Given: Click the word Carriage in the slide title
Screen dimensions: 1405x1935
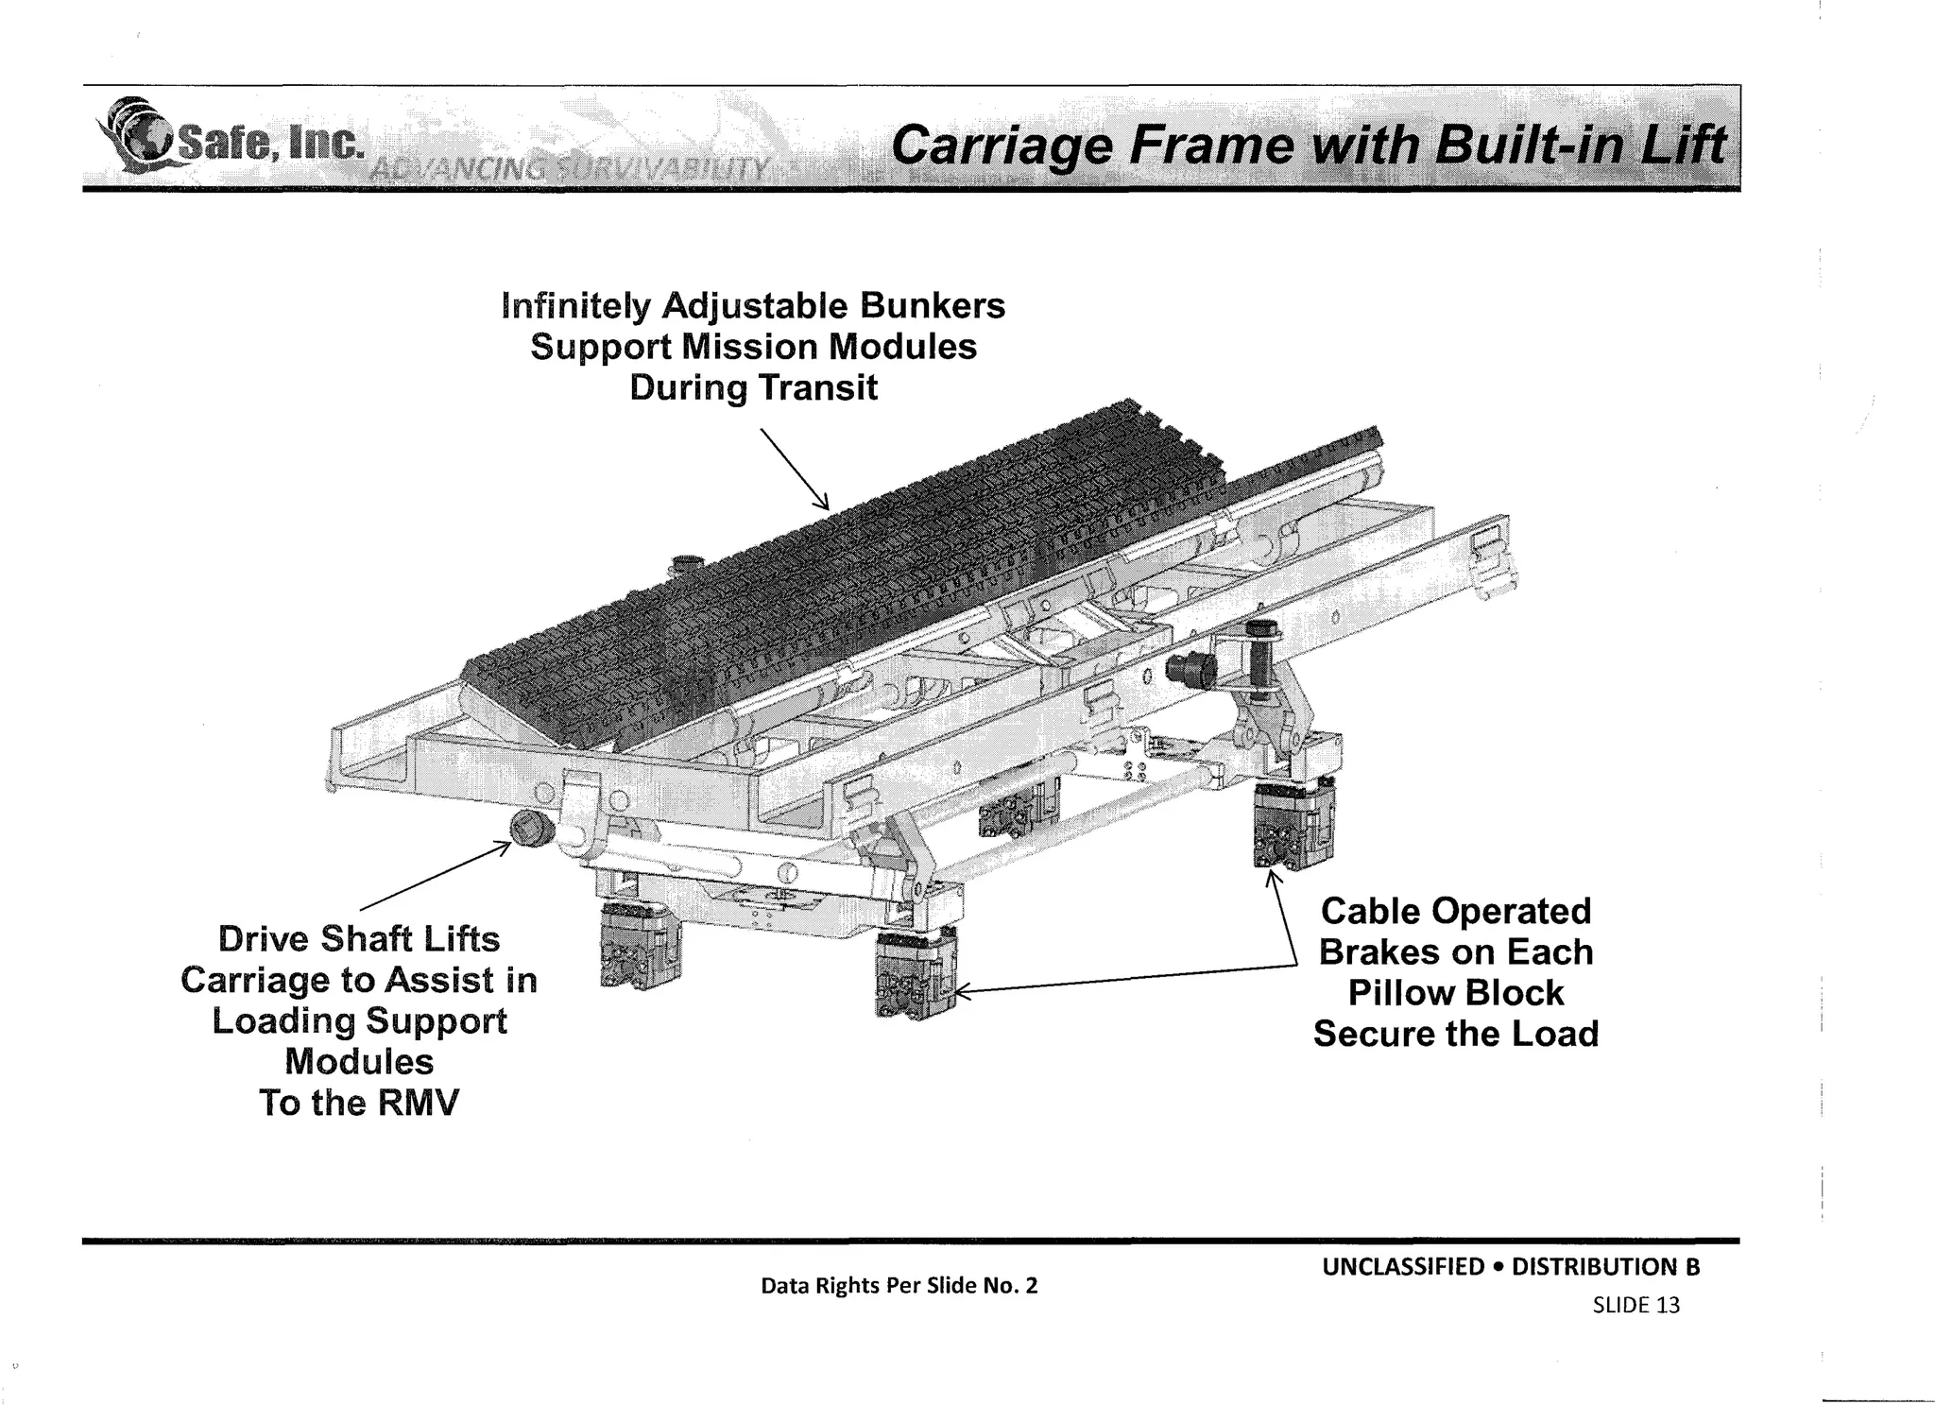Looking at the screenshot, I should point(1002,147).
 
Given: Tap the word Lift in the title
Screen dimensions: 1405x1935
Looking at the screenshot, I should point(1683,147).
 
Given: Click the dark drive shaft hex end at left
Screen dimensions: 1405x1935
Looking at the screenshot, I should point(525,829).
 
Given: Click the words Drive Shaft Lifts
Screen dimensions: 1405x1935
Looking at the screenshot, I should point(359,939).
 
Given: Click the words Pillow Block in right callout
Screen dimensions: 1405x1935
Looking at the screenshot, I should point(1455,993).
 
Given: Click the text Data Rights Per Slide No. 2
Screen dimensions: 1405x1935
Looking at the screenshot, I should point(899,1286).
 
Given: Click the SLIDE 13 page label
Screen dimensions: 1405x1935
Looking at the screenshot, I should point(1635,1306).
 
